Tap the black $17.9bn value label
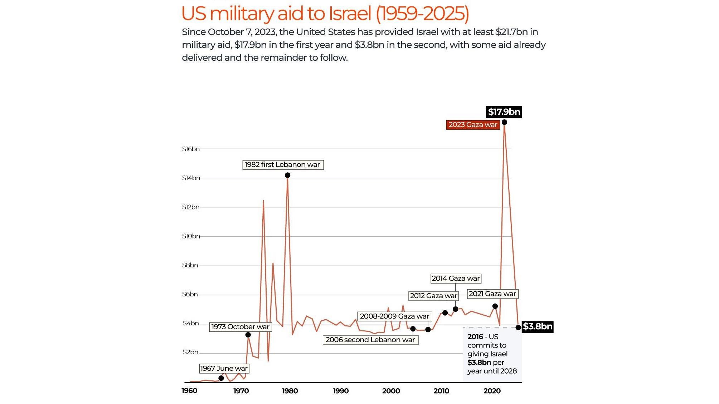coord(504,112)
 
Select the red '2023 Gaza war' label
coord(473,125)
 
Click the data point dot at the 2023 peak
coord(504,122)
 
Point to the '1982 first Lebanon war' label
coord(283,165)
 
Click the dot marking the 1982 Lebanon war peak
coord(287,175)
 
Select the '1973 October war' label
coord(241,327)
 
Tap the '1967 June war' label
coord(224,369)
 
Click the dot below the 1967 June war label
coord(221,378)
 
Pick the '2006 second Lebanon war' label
coord(370,340)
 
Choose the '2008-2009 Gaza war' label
coord(395,316)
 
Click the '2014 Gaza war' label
coord(456,279)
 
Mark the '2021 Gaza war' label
coord(492,294)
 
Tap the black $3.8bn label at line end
coord(538,327)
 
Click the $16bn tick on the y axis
coord(191,149)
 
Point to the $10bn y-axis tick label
coord(191,236)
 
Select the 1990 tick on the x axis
coord(341,391)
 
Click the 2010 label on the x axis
coord(441,391)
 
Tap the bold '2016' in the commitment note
coord(475,337)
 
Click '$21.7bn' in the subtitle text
coord(512,32)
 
